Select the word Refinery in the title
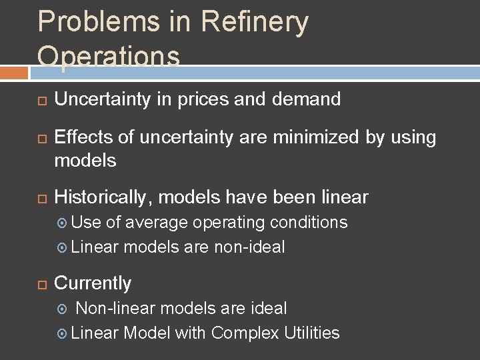pyautogui.click(x=254, y=23)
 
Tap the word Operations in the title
pyautogui.click(x=109, y=56)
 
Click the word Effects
pyautogui.click(x=81, y=138)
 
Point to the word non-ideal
pyautogui.click(x=249, y=247)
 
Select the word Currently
pyautogui.click(x=93, y=283)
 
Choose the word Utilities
pyautogui.click(x=312, y=333)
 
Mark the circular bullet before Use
pyautogui.click(x=62, y=223)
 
